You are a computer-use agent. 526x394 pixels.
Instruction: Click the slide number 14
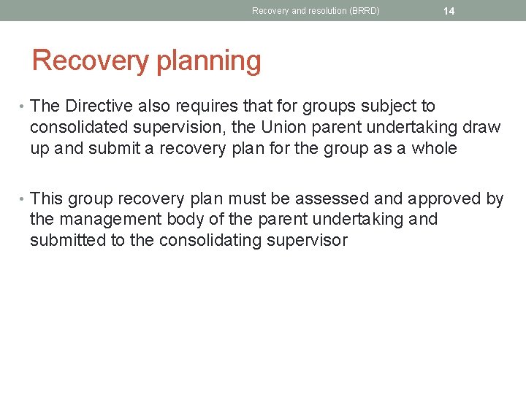449,11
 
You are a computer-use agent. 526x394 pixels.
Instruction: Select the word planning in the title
210,61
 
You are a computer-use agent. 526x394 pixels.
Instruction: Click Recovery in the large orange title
91,61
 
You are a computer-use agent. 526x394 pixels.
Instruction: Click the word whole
434,148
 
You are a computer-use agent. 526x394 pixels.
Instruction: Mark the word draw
482,128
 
